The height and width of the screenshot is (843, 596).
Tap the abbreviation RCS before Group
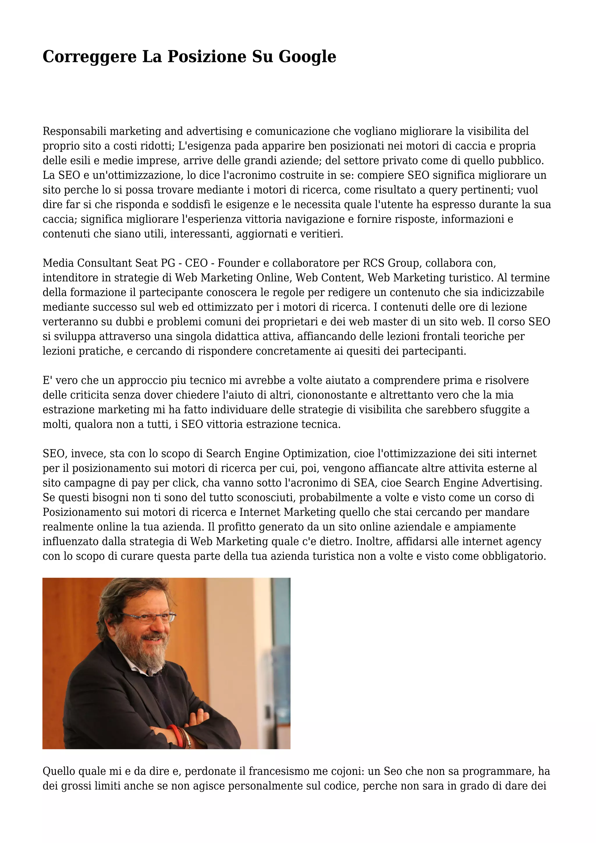[x=374, y=263]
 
